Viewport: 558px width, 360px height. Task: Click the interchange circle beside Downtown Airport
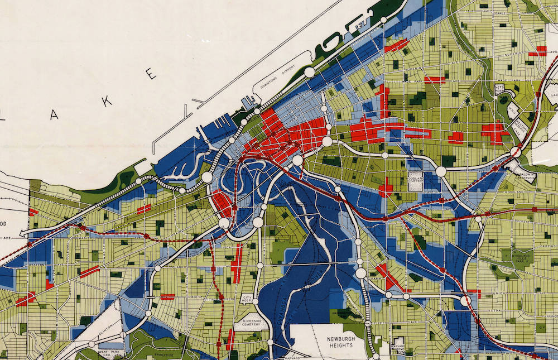(309, 72)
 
